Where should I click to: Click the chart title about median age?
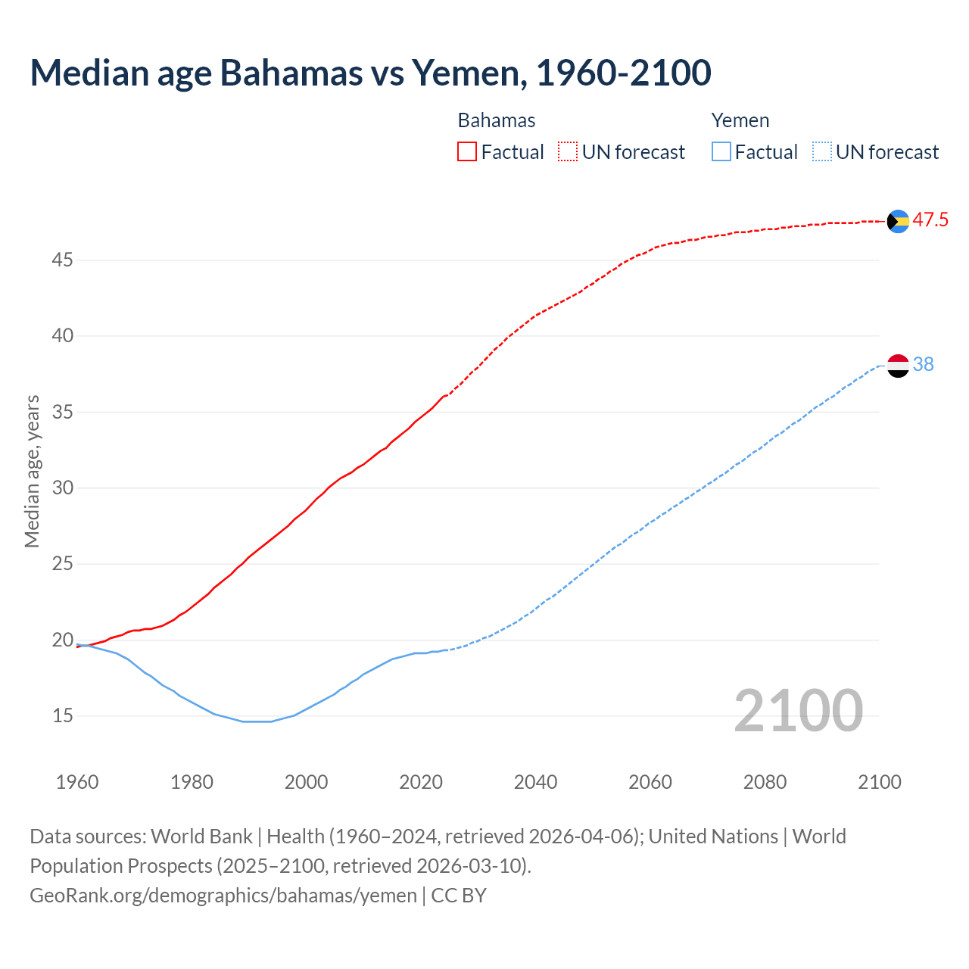[370, 73]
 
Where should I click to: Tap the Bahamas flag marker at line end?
[898, 221]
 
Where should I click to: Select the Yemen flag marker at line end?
[898, 365]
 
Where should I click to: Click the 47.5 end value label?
[930, 220]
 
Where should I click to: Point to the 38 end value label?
[924, 365]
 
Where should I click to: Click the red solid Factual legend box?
[467, 152]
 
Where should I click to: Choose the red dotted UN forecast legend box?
[568, 152]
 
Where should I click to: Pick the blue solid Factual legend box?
[721, 152]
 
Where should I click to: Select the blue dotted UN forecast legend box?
[821, 152]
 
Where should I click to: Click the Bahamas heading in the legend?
[497, 120]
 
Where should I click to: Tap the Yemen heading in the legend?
[740, 120]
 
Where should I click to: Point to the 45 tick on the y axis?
[62, 260]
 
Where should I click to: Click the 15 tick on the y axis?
[62, 716]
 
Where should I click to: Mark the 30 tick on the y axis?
[62, 488]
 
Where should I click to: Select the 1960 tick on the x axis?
[77, 782]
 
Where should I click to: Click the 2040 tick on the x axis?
[535, 782]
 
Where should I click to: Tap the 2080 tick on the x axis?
[765, 782]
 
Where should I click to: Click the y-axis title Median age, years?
[32, 471]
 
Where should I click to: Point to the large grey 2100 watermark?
[798, 711]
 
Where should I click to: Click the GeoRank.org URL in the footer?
[223, 896]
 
